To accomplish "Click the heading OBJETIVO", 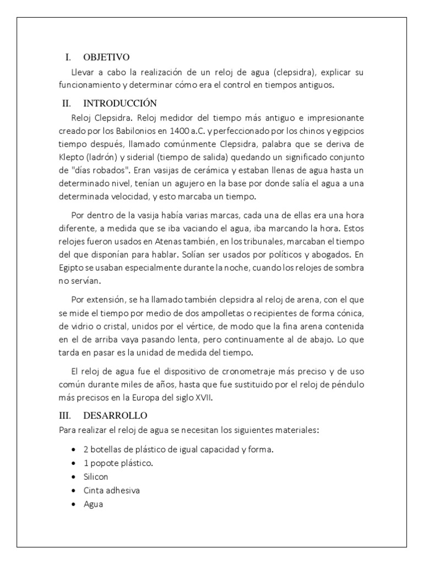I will point(106,57).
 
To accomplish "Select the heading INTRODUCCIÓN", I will point(120,103).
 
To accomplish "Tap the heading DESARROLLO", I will point(115,415).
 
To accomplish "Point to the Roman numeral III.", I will point(66,415).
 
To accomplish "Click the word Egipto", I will point(71,268).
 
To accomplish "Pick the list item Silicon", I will point(96,476).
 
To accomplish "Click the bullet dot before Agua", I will point(73,503).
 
